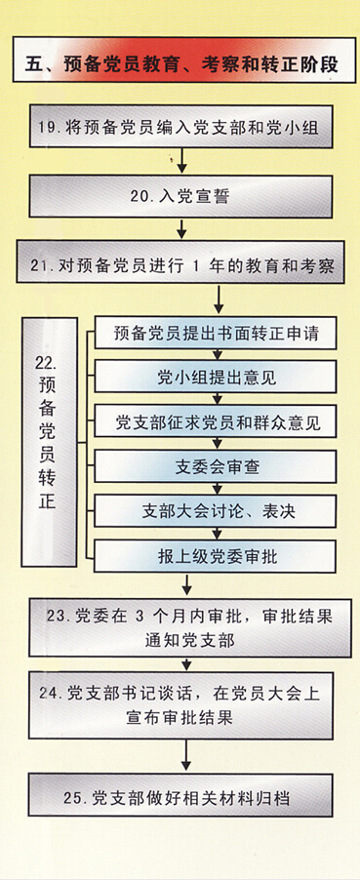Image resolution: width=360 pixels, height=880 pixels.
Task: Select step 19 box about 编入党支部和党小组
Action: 181,127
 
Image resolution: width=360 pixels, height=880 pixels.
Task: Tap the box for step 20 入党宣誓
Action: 180,196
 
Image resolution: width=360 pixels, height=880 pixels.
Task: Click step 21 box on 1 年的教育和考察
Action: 180,262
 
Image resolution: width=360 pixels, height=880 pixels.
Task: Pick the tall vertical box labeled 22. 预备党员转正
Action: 50,442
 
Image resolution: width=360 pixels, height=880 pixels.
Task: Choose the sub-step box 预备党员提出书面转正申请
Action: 215,334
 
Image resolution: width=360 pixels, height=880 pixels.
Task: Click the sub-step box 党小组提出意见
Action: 215,377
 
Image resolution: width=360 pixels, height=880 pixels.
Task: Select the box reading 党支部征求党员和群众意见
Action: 215,420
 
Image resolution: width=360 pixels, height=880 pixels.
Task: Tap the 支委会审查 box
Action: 215,465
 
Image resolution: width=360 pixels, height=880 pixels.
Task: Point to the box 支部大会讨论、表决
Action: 215,510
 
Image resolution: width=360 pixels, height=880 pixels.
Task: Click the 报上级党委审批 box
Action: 215,556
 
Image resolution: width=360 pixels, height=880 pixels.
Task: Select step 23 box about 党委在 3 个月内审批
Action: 190,627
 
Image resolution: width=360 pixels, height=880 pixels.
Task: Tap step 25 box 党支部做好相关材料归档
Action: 180,796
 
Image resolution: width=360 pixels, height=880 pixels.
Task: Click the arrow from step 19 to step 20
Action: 181,161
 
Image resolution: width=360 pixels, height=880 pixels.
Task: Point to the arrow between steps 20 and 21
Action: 180,229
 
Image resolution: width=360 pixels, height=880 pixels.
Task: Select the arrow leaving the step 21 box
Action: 220,299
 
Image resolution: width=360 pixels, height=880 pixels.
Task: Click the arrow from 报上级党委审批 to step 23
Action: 187,583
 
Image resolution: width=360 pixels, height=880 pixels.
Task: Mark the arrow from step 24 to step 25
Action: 186,755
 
